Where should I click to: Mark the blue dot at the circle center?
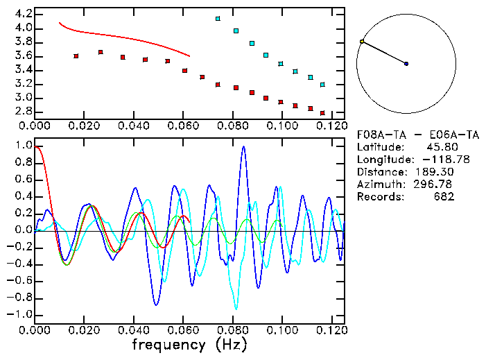point(406,64)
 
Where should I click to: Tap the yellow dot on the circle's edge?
point(362,42)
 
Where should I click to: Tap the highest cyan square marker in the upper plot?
point(218,19)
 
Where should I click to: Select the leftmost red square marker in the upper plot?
point(76,55)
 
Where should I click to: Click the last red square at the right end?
point(322,112)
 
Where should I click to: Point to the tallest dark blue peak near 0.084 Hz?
point(243,147)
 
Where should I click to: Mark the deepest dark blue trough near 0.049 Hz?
point(156,305)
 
